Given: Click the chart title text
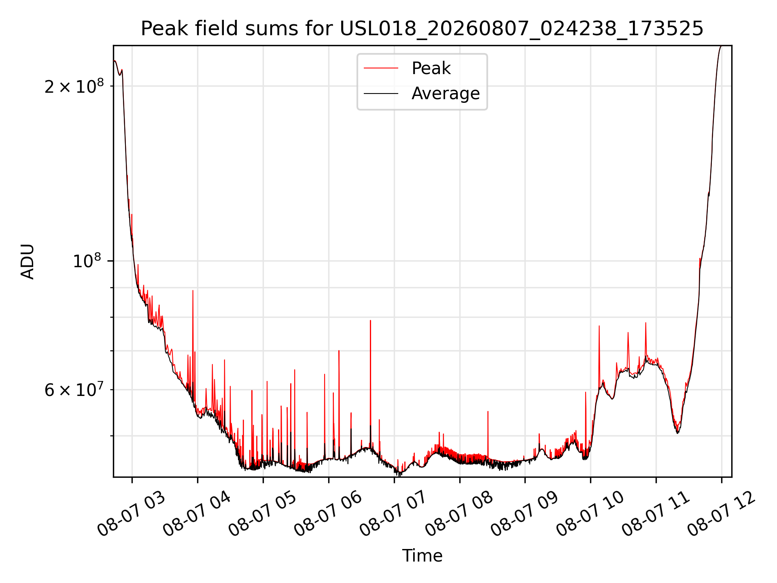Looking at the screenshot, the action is click(422, 29).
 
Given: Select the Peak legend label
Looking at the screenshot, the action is click(431, 68).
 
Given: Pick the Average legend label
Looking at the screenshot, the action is click(446, 94).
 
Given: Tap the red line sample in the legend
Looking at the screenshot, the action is click(381, 68).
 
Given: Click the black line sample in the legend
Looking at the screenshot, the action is click(381, 94).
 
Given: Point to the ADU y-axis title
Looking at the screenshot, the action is click(28, 262).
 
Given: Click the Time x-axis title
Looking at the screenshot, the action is click(422, 556).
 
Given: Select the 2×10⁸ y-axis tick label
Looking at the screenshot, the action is click(74, 86).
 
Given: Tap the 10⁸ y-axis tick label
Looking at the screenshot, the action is click(88, 261).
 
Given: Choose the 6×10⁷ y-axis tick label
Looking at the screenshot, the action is click(74, 389).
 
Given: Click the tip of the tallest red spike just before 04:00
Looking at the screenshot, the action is click(193, 290).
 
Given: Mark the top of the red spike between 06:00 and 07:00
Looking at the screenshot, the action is click(370, 320).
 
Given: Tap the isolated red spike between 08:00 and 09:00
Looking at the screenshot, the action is click(488, 411).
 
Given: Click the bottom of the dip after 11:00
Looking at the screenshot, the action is click(677, 432).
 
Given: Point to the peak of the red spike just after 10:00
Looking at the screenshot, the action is click(599, 326).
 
